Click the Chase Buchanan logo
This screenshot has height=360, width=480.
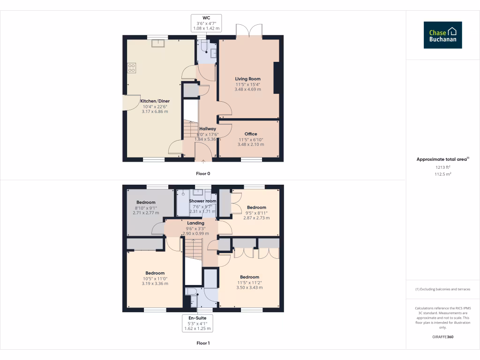[442, 35]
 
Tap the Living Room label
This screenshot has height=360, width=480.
[247, 79]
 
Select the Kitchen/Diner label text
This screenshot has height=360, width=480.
[155, 101]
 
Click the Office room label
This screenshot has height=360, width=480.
[251, 134]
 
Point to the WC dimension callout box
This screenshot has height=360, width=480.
[206, 23]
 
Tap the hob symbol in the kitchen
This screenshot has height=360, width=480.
[131, 68]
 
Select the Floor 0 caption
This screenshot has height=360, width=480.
[203, 173]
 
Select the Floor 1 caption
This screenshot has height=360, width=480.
[203, 343]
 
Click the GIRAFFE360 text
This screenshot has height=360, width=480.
[442, 337]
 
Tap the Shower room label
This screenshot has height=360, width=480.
[202, 201]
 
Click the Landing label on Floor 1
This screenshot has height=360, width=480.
[195, 223]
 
